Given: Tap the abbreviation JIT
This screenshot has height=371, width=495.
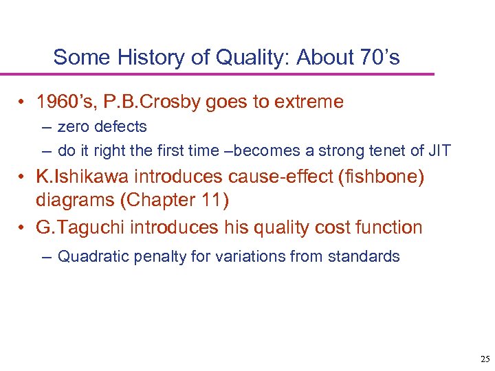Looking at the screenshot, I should (438, 150).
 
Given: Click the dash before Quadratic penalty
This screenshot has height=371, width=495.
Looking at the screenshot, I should (46, 257).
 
